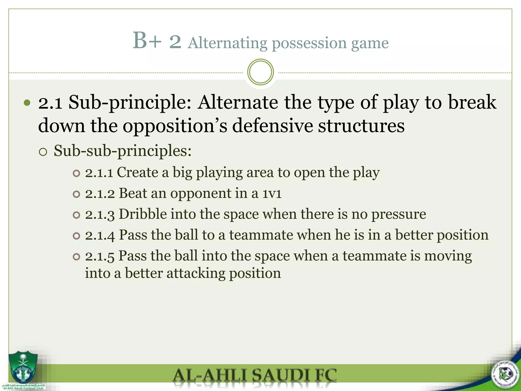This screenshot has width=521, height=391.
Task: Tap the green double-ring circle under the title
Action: coord(260,72)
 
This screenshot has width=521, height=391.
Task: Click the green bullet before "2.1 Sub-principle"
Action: coord(27,103)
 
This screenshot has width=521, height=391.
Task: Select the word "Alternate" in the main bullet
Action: coord(238,102)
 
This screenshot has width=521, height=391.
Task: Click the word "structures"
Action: coord(361,125)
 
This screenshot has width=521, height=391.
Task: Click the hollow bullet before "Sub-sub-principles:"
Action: coord(43,152)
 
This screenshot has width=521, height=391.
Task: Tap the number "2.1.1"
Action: coord(99,173)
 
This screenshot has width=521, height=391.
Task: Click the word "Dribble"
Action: coord(143,214)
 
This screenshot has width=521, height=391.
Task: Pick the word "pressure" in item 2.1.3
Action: coord(399,214)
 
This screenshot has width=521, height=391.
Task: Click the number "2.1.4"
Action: coord(100,235)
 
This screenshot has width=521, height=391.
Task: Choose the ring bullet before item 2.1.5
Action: coord(76,257)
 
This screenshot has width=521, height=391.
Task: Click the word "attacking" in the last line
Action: coord(196,273)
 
